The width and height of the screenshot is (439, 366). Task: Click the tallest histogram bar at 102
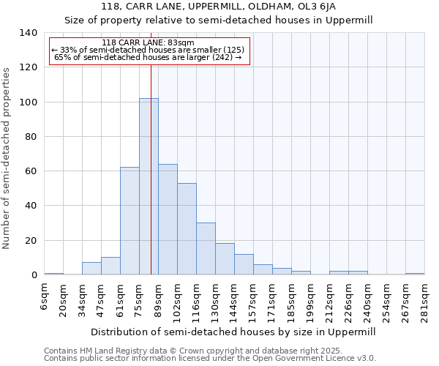coord(149,187)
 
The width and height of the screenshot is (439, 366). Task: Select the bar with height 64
coord(168,220)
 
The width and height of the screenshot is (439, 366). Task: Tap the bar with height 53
coord(187,229)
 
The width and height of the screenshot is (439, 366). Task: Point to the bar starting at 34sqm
coord(91,269)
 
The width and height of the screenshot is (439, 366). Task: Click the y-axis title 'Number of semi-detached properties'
coord(7,157)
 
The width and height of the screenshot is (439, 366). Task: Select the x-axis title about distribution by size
coord(233,332)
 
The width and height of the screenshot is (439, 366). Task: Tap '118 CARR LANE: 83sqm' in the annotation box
coord(149,43)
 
